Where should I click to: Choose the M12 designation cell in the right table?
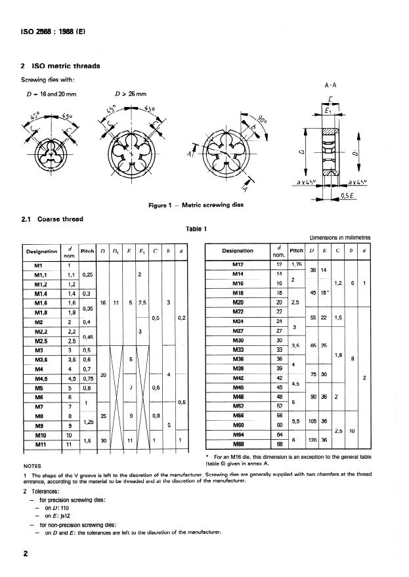point(238,265)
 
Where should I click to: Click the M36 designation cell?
point(238,360)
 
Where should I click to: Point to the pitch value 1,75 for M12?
point(297,265)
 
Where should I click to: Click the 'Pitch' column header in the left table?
point(87,251)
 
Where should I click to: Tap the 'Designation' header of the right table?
point(238,250)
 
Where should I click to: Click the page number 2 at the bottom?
point(26,555)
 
